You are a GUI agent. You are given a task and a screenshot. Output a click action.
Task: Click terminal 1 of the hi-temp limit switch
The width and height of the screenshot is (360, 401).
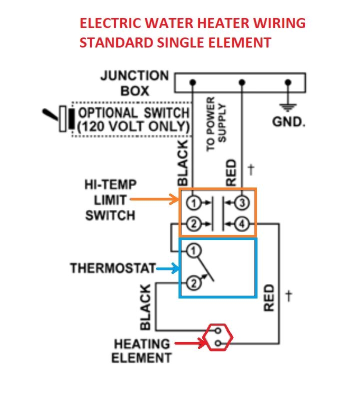pos(194,202)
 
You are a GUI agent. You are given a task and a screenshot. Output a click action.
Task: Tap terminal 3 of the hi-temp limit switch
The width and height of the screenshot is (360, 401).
pos(242,202)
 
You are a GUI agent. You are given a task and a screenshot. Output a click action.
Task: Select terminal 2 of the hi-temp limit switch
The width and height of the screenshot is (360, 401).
pos(194,224)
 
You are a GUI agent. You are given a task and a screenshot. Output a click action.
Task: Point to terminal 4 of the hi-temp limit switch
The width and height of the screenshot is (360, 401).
pos(242,224)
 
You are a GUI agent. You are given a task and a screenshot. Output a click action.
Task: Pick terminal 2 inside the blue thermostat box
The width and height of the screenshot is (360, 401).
pos(193,283)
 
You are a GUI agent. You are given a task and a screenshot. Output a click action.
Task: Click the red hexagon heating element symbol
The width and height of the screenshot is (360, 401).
pos(218,337)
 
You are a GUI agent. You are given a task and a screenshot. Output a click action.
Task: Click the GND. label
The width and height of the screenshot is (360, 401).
pos(288,122)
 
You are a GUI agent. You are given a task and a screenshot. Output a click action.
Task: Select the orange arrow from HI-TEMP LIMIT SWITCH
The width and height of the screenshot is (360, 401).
pos(154,200)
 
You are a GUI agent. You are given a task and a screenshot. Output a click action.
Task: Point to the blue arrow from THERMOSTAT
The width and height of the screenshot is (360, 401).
pos(167,268)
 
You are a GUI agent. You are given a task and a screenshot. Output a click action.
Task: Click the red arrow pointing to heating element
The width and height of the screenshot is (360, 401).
pos(189,343)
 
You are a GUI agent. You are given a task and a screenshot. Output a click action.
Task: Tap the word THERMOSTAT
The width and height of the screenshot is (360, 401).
pos(113,268)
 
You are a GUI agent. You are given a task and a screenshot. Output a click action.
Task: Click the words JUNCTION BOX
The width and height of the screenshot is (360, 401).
pos(134,83)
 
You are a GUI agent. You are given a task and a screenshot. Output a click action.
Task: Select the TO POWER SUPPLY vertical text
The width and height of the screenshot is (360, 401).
pos(216,123)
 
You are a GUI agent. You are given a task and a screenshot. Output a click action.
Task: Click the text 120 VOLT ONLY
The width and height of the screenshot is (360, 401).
pos(133,126)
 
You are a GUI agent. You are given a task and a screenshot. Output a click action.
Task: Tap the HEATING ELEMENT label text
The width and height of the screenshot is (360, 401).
pos(141,350)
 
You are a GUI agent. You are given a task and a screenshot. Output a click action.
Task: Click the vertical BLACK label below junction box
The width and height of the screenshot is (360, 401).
pos(183,162)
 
